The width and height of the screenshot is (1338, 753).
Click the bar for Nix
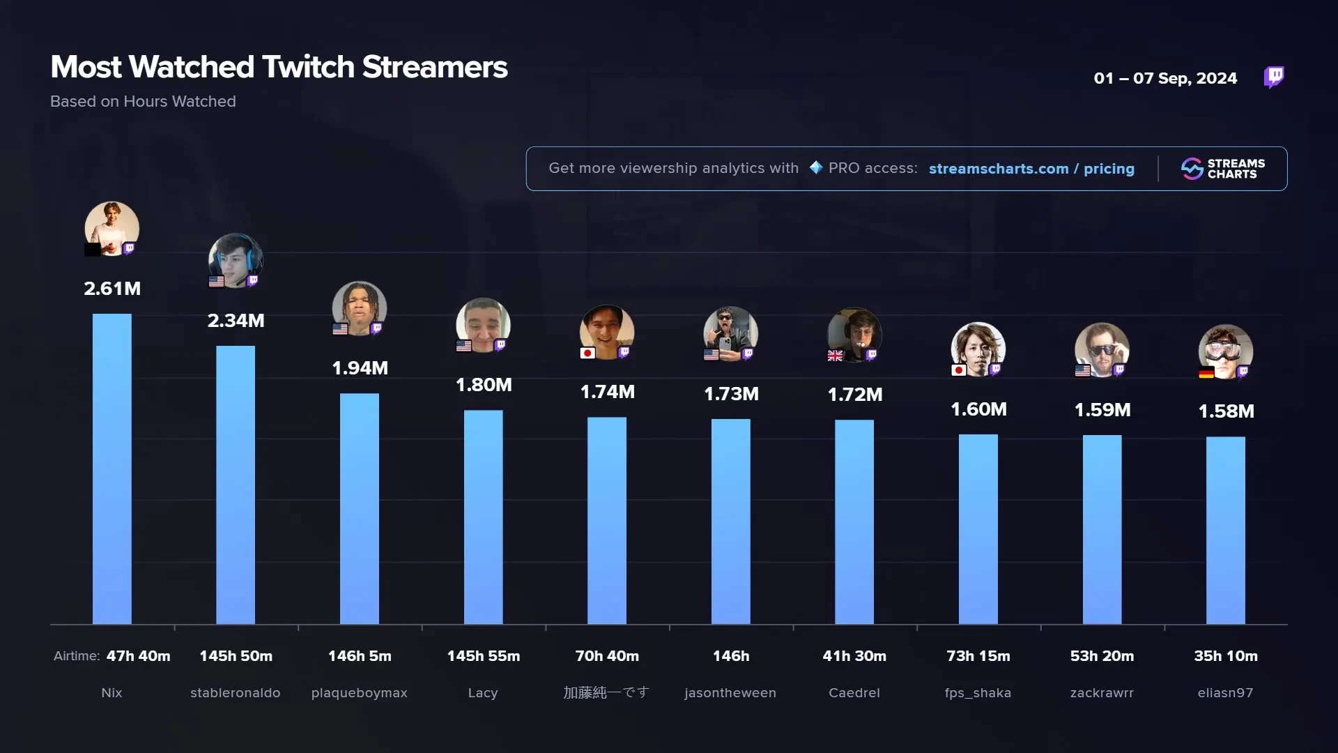pos(111,469)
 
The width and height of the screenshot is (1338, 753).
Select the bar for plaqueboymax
pos(360,508)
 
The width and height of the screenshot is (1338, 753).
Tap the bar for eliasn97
pos(1225,530)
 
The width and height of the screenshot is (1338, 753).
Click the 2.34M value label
pos(236,321)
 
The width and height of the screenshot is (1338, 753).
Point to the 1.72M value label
pos(854,395)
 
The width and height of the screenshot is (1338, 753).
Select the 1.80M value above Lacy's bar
pos(484,385)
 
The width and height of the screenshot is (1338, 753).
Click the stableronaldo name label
pos(236,693)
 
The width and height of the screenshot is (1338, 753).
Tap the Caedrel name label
pos(854,693)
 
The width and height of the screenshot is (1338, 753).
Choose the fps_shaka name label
pos(978,693)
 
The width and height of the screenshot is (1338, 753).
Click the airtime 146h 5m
pos(360,656)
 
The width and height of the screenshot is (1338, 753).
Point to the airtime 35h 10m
pos(1226,656)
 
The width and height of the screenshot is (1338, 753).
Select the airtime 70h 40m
pos(607,656)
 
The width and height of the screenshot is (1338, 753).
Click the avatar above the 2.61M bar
pos(111,228)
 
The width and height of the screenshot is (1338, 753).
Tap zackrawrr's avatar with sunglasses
pos(1101,349)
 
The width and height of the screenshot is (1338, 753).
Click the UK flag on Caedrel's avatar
pos(835,356)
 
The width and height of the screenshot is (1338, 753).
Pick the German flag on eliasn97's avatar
pos(1206,373)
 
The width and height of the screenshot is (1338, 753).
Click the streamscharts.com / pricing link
pos(1031,169)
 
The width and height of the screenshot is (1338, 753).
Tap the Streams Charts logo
pos(1223,169)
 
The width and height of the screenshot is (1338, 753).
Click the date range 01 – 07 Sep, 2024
pos(1165,78)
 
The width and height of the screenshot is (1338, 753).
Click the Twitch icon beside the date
pos(1274,77)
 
